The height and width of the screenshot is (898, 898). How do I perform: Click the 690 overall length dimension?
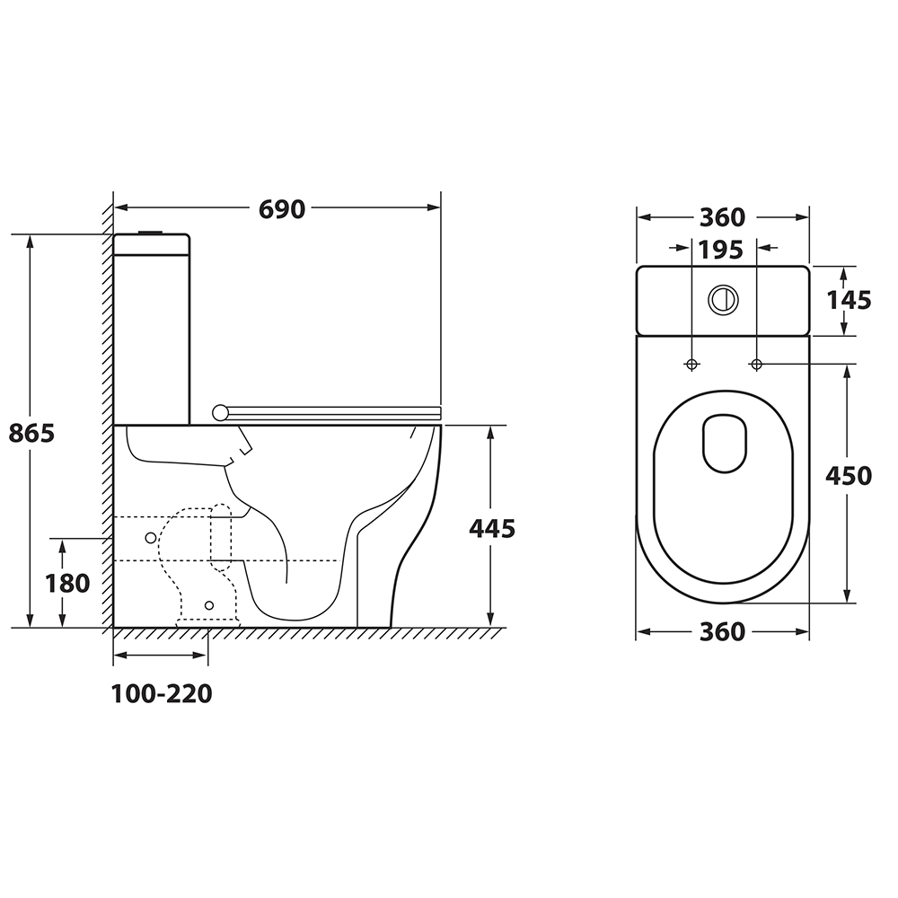point(282,209)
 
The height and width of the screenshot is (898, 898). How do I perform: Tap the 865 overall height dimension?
point(31,433)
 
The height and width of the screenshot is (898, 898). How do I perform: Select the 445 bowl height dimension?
point(492,528)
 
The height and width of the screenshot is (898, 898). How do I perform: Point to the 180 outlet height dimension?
point(67,584)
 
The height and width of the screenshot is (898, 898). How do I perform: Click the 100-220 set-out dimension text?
point(162,694)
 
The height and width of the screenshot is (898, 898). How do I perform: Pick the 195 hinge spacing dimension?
point(721,250)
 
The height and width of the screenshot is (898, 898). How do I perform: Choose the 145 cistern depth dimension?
point(849,300)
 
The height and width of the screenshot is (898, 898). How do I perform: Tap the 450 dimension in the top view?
point(849,475)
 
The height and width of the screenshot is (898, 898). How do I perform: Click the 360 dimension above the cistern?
point(723,217)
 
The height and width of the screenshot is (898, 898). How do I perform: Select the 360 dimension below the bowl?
point(723,631)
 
